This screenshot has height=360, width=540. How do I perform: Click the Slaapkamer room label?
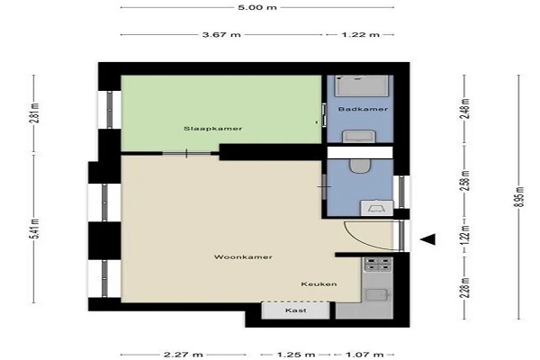(212, 129)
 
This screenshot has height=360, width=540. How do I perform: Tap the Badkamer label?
(363, 109)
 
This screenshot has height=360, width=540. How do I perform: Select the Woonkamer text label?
(243, 257)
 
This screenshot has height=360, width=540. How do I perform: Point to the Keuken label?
(319, 283)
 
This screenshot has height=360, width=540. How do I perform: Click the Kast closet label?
(296, 310)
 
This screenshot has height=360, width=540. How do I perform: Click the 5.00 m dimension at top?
(257, 7)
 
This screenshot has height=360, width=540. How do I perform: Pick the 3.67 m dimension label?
(221, 34)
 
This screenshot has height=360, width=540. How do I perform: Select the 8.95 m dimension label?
(520, 197)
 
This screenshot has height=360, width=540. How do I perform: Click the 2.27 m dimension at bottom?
(184, 354)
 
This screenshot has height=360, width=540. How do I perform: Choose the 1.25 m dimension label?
(295, 354)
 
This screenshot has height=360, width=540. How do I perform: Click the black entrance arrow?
(427, 239)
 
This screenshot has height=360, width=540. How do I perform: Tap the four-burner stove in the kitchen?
(378, 265)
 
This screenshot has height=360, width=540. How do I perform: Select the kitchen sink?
(378, 295)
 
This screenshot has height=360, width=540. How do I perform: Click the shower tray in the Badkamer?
(362, 85)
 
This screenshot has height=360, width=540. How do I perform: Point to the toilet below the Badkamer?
(360, 166)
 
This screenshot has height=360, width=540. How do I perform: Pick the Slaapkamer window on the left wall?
(110, 110)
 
